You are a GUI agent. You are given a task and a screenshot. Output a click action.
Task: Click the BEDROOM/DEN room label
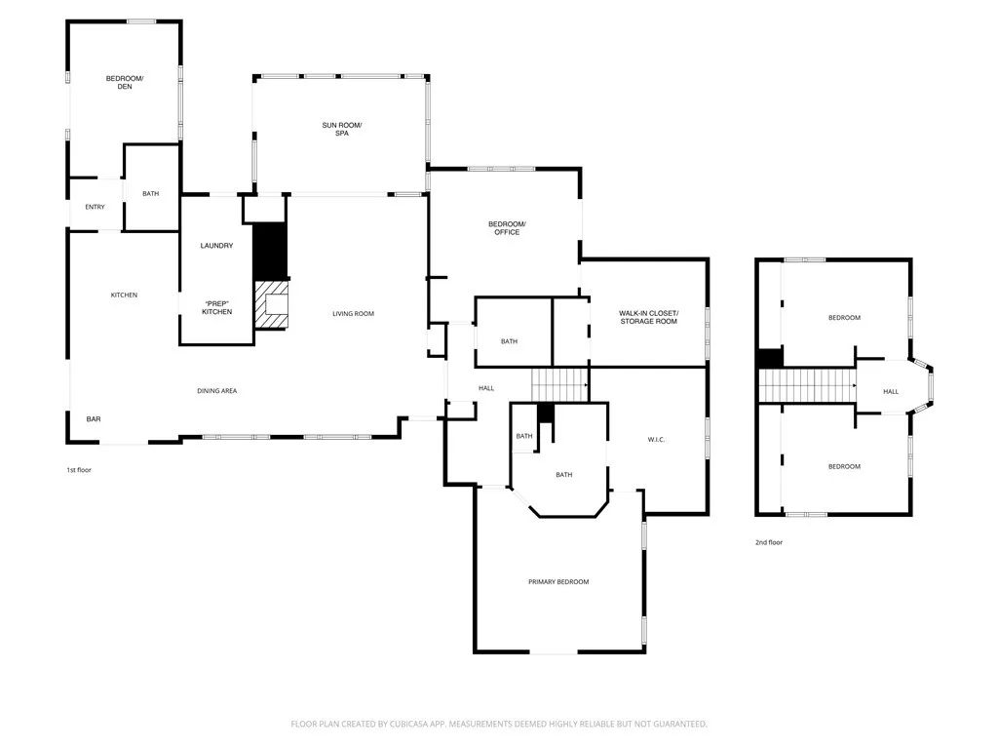(x=125, y=82)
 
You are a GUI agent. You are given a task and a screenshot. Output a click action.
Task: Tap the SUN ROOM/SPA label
(x=342, y=129)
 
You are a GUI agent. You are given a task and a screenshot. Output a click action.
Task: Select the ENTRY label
(x=95, y=207)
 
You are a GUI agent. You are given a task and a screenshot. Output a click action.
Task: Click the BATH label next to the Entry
(x=150, y=194)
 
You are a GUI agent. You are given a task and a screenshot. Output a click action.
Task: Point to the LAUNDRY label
(x=216, y=246)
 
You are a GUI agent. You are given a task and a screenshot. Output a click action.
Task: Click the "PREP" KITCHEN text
(x=216, y=306)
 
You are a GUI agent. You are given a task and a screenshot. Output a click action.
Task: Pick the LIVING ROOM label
(x=353, y=314)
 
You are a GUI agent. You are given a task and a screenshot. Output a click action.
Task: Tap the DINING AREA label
(x=217, y=391)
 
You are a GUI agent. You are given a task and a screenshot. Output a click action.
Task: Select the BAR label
(x=94, y=419)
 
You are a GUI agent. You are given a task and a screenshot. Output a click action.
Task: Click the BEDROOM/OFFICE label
(x=506, y=228)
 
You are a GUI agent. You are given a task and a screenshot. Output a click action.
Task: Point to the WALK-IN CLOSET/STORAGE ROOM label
(x=647, y=317)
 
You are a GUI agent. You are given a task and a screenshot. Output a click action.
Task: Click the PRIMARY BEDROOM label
(x=558, y=582)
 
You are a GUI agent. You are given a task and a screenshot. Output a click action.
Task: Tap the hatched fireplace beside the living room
(x=273, y=304)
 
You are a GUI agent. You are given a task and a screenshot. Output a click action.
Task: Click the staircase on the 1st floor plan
(x=559, y=384)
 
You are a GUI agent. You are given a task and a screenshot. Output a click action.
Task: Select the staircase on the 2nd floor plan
(x=806, y=386)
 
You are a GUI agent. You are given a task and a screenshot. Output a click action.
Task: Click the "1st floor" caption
(x=79, y=470)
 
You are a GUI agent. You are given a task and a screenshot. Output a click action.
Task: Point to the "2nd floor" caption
(x=769, y=542)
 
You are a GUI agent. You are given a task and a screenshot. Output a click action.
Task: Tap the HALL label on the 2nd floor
(x=891, y=392)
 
